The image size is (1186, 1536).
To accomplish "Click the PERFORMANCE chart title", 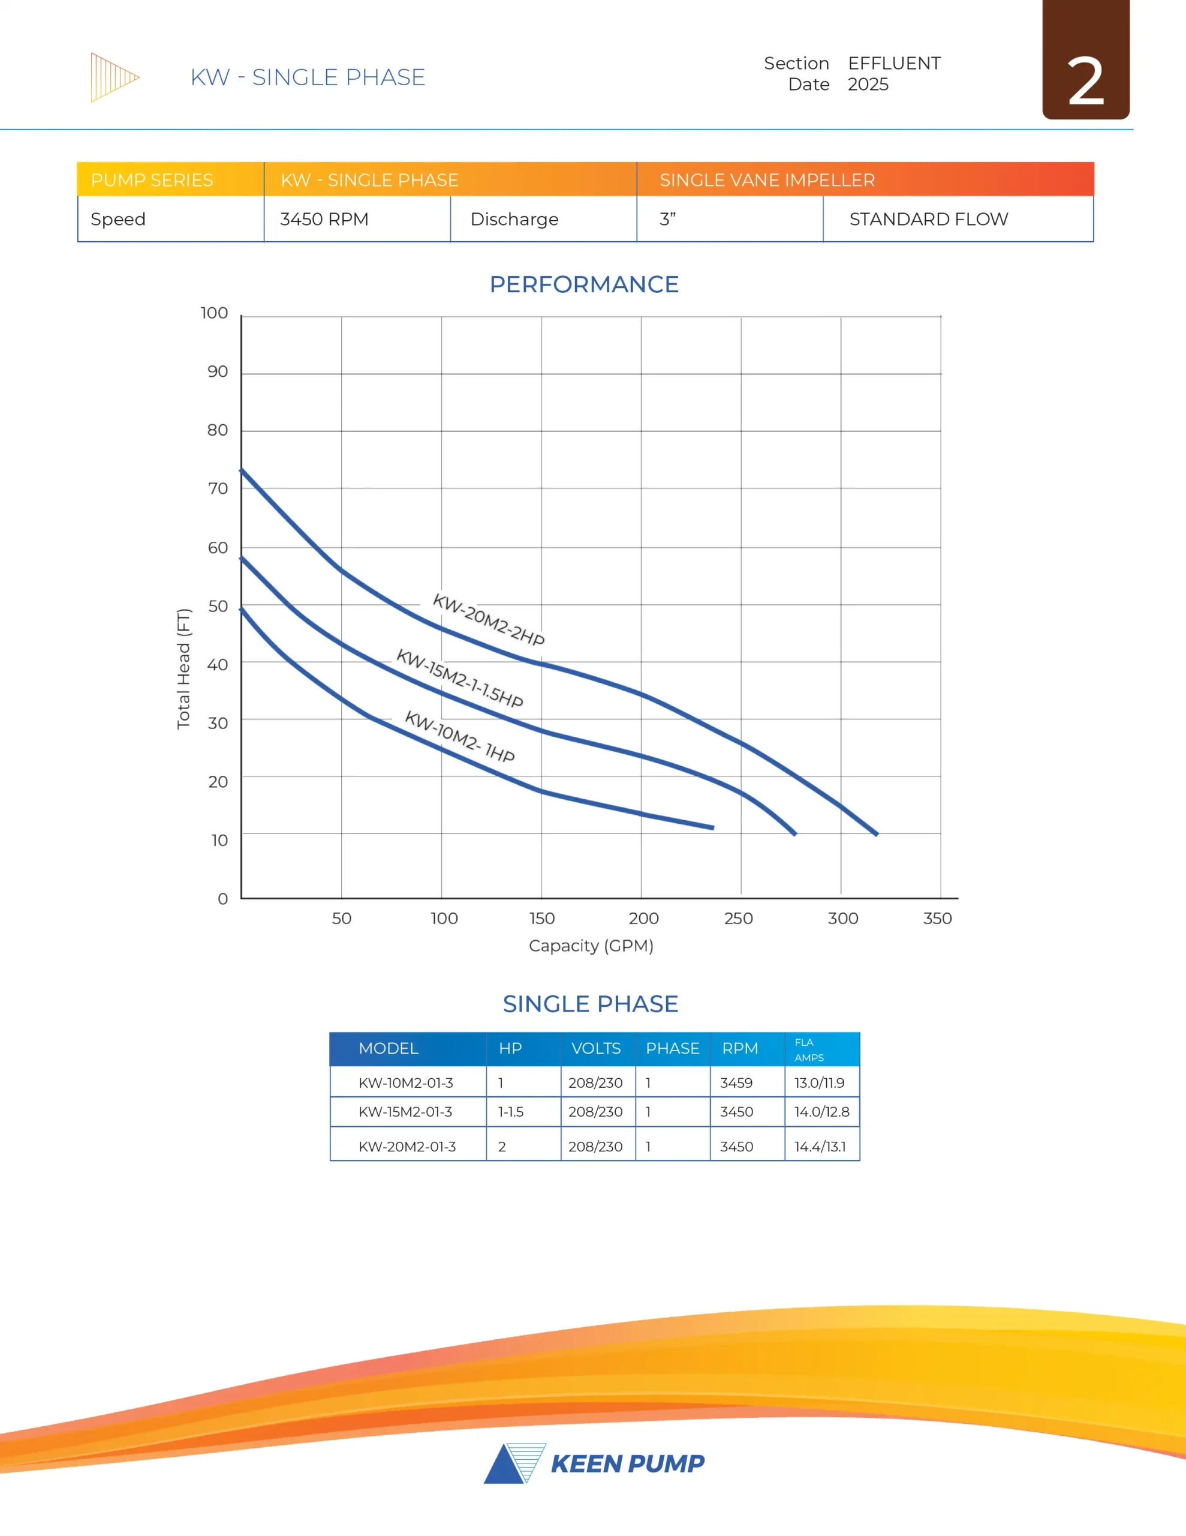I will click(x=583, y=284).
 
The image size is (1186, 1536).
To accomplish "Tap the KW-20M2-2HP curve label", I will click(x=489, y=620).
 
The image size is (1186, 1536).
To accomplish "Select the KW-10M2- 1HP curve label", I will click(x=460, y=736).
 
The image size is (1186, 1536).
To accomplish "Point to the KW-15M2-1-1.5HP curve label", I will click(x=460, y=679).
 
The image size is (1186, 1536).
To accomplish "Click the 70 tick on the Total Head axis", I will click(x=218, y=488).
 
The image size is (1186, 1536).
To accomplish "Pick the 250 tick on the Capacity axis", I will click(x=738, y=918).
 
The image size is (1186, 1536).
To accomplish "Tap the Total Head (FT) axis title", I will click(x=183, y=669).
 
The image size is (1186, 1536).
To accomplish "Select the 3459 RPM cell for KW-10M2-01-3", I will click(x=736, y=1082).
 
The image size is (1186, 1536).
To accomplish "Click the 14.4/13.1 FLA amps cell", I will click(x=820, y=1147).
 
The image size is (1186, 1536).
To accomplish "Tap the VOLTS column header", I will click(x=595, y=1049).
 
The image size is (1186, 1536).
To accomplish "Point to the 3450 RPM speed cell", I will click(x=324, y=220).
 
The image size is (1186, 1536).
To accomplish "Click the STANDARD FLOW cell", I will click(x=928, y=220).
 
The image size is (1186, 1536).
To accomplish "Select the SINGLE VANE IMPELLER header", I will click(x=767, y=180).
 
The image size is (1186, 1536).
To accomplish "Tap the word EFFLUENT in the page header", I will click(x=893, y=63).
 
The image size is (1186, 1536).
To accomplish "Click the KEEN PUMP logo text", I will click(x=627, y=1463).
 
